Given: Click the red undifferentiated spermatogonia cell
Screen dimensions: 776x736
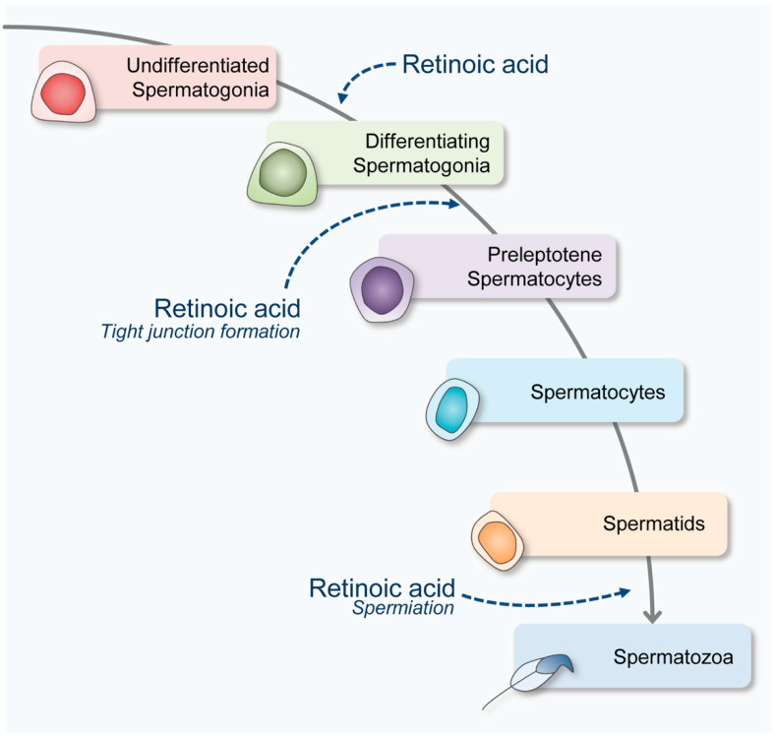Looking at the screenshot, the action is click(63, 92).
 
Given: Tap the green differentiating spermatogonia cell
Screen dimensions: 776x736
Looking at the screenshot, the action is click(282, 173).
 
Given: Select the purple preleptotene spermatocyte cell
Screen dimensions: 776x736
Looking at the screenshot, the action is click(382, 289).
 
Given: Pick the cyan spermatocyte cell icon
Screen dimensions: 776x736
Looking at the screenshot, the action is click(452, 409).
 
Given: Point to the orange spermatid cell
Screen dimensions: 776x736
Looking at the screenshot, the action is click(498, 540).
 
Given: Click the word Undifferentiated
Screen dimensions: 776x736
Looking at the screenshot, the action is click(198, 65).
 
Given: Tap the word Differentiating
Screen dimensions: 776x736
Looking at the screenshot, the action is click(428, 141).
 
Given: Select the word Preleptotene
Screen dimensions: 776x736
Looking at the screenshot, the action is click(545, 255).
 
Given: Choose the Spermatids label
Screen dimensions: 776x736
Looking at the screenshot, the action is click(654, 523).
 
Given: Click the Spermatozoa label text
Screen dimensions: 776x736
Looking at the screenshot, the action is click(673, 657).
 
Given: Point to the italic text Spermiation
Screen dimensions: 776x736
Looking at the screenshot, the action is click(403, 608).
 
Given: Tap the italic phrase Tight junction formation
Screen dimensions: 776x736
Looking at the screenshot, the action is click(201, 332).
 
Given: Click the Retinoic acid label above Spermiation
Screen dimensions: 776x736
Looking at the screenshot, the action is click(382, 587).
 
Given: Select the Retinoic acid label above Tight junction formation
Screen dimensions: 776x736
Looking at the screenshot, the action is click(227, 308).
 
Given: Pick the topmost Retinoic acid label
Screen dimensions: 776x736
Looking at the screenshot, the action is click(475, 64).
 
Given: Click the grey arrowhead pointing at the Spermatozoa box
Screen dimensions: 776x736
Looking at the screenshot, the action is click(652, 616).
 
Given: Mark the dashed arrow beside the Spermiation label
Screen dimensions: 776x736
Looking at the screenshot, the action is click(546, 602).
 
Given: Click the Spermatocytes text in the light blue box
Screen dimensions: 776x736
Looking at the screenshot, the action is click(598, 392).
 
